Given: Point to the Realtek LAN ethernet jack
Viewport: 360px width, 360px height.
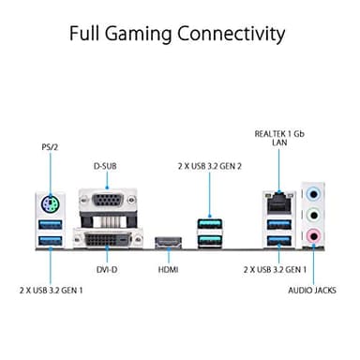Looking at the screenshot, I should click(x=276, y=200).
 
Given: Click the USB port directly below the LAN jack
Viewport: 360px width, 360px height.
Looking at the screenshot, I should click(x=276, y=224).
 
